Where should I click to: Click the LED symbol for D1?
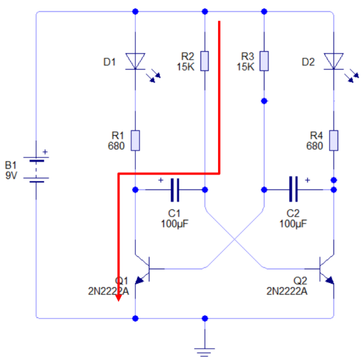[135, 61]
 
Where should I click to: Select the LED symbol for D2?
[333, 61]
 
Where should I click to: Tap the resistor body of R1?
[135, 140]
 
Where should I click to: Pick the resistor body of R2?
[205, 61]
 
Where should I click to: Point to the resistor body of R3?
[263, 61]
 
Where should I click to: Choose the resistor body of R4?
[333, 140]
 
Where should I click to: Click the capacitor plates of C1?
[175, 189]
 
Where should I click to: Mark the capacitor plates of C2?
[293, 189]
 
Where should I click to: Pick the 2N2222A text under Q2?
[287, 291]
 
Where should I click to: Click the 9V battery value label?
[11, 175]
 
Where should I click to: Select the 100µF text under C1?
[174, 224]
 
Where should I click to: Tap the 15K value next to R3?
[245, 66]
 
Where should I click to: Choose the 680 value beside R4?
[314, 145]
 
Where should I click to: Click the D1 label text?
[109, 61]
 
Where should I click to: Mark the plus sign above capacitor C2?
[308, 179]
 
